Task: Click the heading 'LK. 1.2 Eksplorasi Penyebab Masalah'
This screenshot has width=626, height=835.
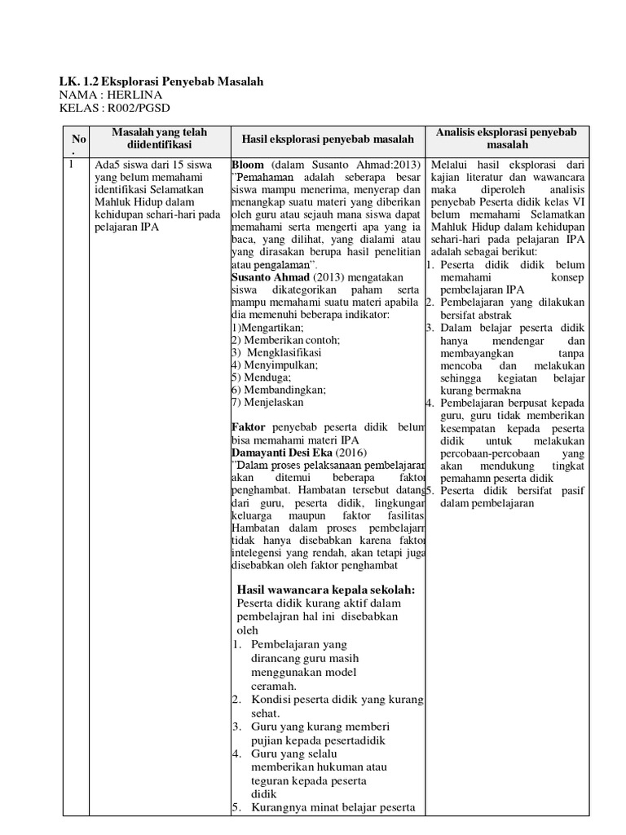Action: (161, 82)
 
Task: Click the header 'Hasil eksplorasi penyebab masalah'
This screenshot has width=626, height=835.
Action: (322, 139)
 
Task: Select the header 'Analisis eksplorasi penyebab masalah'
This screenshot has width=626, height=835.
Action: (507, 138)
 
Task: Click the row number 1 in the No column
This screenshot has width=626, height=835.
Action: (71, 164)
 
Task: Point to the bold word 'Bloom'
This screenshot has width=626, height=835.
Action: (248, 164)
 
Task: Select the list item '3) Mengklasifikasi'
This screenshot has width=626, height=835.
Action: (276, 352)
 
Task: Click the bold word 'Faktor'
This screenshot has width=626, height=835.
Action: (249, 427)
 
